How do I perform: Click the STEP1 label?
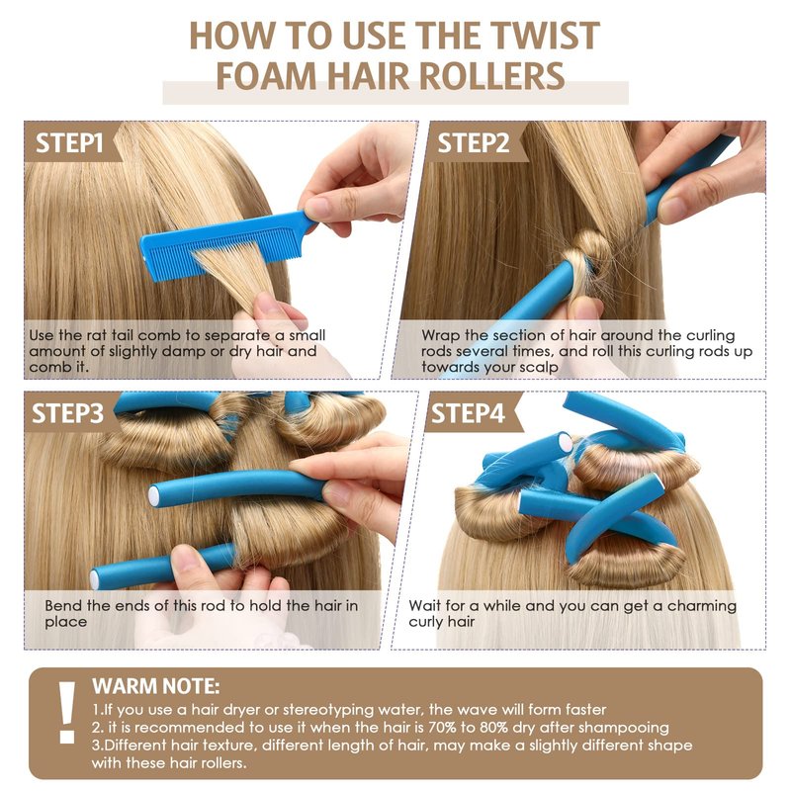point(69,143)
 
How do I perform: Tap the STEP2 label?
point(474,143)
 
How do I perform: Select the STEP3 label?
point(67,413)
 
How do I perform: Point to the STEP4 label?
point(468,413)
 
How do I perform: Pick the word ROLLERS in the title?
point(491,76)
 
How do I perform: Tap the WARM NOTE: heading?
point(156,686)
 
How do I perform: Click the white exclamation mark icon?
point(66,712)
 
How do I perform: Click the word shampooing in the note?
point(623,729)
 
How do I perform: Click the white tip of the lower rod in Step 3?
point(94,579)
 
